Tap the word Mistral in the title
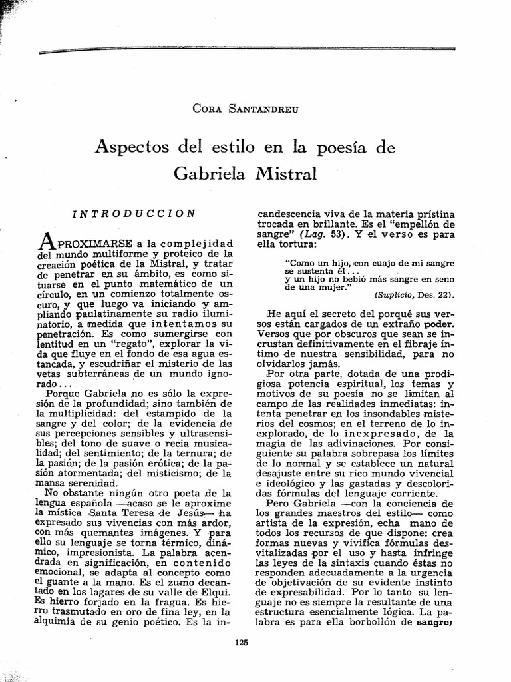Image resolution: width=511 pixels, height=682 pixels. (281, 174)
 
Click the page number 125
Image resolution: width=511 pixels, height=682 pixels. (242, 642)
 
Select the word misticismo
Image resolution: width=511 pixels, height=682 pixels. (181, 474)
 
